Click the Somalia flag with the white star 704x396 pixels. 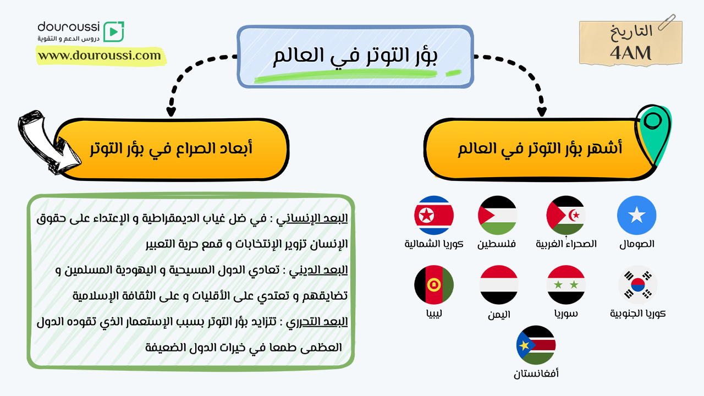[636, 215]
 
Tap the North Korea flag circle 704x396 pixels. [434, 215]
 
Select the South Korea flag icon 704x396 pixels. [637, 285]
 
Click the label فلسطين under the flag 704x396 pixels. [497, 244]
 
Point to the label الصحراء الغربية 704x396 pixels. [566, 244]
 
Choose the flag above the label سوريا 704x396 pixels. [566, 285]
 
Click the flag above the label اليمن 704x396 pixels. [499, 285]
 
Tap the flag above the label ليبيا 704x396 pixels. [434, 285]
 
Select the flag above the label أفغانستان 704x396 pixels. [536, 345]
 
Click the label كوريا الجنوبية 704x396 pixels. [637, 313]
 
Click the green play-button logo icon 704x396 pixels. [114, 31]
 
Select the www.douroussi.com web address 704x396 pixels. [100, 56]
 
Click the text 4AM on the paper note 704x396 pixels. [630, 53]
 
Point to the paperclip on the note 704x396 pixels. [667, 22]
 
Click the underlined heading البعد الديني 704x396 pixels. [318, 270]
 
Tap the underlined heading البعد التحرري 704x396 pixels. [316, 322]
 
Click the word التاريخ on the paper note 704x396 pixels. [631, 31]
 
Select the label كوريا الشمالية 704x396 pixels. [434, 244]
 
